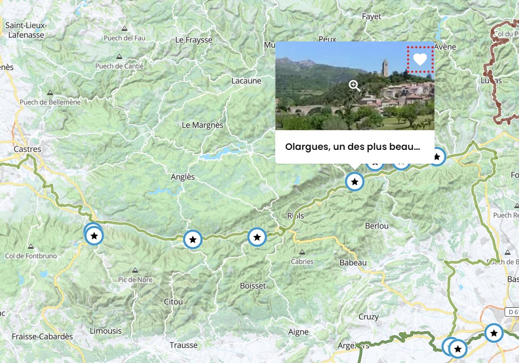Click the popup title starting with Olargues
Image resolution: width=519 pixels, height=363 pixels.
(x=353, y=147)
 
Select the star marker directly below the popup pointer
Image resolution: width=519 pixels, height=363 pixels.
(x=355, y=182)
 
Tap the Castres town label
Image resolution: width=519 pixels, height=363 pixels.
(x=28, y=149)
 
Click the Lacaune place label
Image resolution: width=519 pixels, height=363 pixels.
(x=247, y=81)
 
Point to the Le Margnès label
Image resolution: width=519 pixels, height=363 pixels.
(x=203, y=125)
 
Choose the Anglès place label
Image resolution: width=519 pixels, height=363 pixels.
(x=183, y=177)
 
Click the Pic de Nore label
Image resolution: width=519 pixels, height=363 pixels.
(x=136, y=280)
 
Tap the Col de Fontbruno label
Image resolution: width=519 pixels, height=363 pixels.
(x=30, y=256)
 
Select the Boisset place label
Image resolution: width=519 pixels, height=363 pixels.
(x=253, y=285)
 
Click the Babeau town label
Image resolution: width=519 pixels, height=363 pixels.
(x=353, y=263)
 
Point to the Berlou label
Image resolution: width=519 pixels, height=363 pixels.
(x=376, y=226)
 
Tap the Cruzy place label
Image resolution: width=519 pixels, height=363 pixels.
(x=369, y=317)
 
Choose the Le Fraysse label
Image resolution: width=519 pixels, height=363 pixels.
(x=194, y=40)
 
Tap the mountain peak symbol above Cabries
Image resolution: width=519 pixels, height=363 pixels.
(x=302, y=252)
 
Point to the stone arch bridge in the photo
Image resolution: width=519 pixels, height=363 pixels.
(x=314, y=111)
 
